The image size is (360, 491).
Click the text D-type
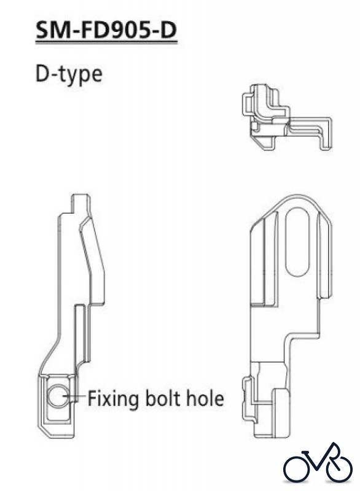(69, 74)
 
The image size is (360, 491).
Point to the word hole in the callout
(206, 398)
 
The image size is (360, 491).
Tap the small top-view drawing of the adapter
(286, 117)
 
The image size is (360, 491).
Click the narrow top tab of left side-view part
(81, 204)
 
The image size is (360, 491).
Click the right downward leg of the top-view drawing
(325, 134)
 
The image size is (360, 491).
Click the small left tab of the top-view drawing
(246, 102)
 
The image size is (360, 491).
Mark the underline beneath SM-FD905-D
(106, 42)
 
